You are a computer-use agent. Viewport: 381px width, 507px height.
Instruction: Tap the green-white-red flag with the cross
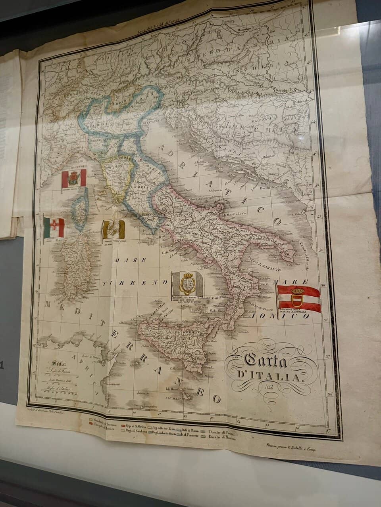[54, 227]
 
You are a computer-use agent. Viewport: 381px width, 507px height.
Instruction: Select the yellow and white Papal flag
[113, 230]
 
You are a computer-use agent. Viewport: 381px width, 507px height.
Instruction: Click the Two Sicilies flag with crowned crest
[187, 284]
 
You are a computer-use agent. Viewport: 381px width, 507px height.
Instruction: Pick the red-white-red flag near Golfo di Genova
[74, 178]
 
